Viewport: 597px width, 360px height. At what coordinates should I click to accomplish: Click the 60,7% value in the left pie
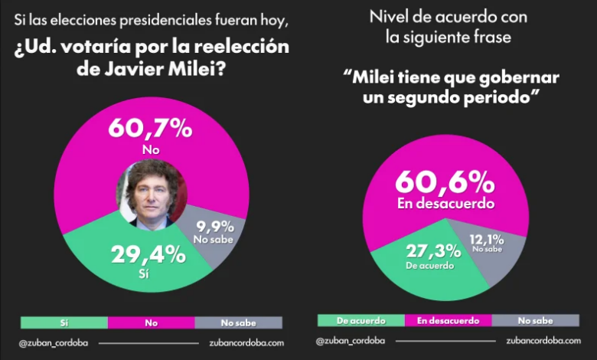[150, 128]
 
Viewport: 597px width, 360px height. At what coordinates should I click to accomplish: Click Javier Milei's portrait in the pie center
[151, 192]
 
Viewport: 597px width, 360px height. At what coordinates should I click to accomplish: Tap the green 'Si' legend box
[64, 322]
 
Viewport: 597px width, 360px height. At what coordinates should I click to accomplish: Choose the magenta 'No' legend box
[151, 322]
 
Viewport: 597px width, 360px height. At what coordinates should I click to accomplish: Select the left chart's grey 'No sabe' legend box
[239, 322]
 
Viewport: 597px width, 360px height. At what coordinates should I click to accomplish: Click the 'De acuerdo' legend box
[360, 320]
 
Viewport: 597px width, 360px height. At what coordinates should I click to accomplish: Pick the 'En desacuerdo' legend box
[448, 320]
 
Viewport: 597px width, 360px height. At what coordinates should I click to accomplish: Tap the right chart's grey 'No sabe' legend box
[535, 320]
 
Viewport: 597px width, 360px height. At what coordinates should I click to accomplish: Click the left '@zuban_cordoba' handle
[53, 343]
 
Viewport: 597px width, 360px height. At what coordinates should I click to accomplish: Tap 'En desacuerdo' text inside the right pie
[445, 205]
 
